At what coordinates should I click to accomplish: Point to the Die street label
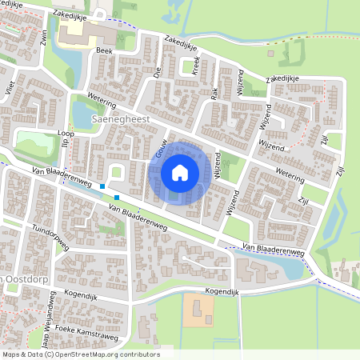coord(158,71)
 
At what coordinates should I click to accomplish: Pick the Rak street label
coord(214,92)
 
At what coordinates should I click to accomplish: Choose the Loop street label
coord(66,134)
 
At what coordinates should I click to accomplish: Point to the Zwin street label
coord(42,38)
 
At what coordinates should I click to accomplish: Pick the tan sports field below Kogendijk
coord(198,310)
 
